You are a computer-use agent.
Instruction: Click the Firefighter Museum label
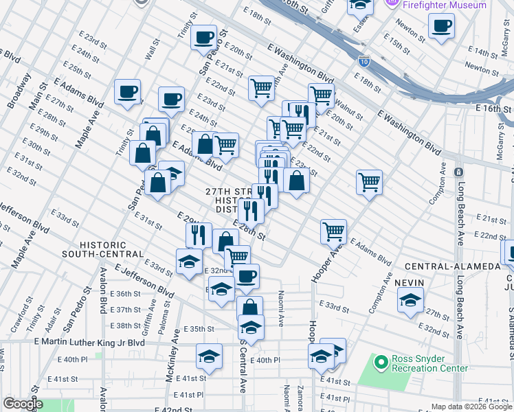pos(445,5)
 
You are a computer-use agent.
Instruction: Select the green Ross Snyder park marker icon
pos(380,363)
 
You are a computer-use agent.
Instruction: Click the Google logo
pos(23,404)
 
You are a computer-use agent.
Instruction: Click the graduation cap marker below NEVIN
pos(410,299)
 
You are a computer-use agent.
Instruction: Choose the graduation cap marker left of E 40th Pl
pos(209,356)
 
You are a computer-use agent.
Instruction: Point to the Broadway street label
pos(13,92)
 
